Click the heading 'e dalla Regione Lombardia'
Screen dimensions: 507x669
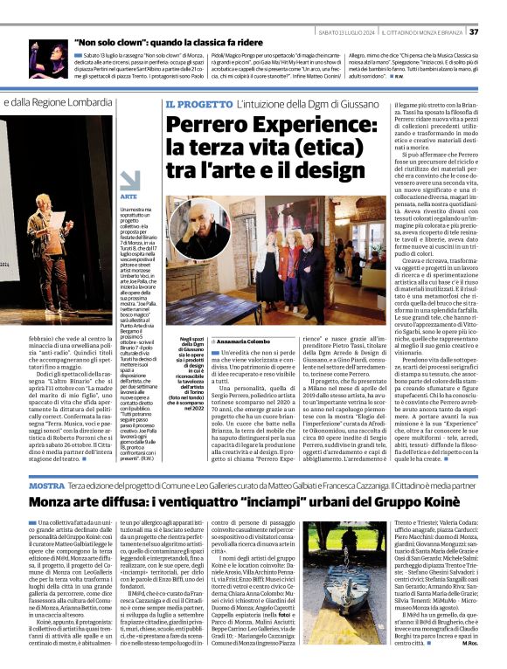[65, 103]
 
